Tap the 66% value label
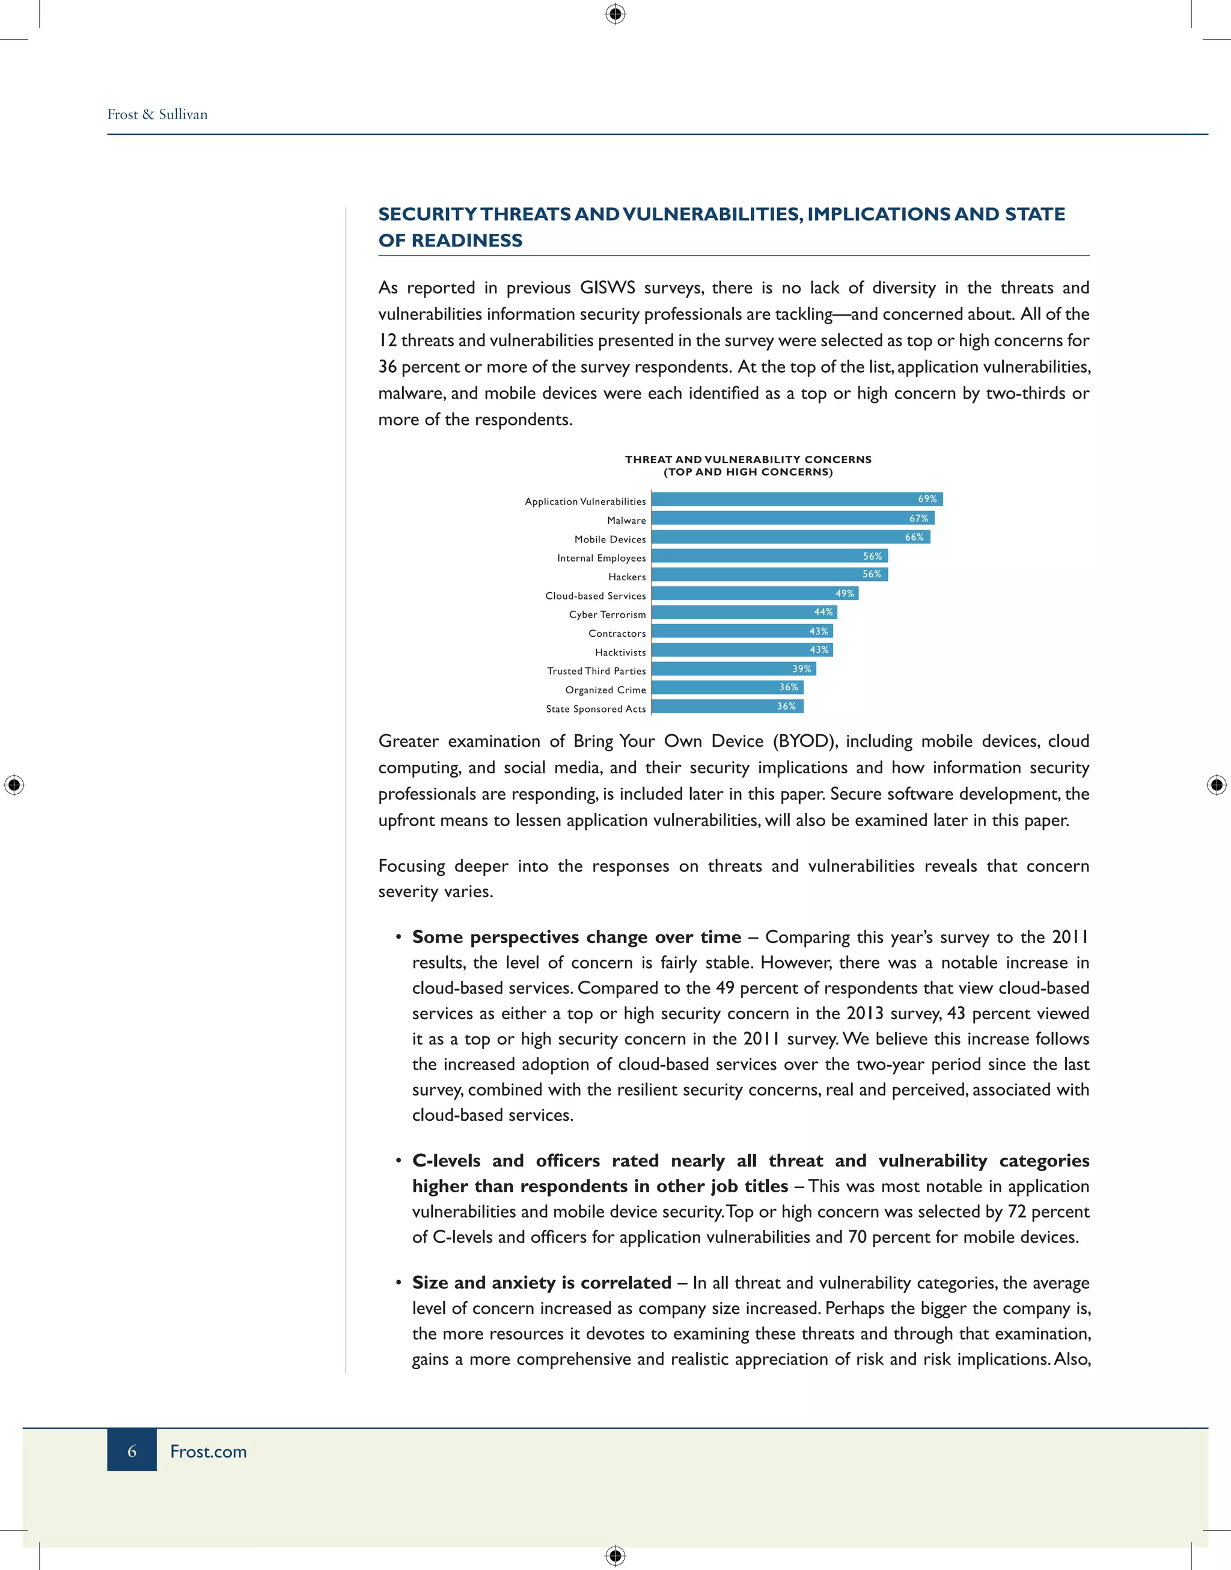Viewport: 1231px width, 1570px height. pyautogui.click(x=914, y=537)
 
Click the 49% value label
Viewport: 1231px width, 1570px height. pyautogui.click(x=845, y=593)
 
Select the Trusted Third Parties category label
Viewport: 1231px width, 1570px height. pyautogui.click(x=596, y=671)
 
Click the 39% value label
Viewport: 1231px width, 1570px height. pyautogui.click(x=801, y=669)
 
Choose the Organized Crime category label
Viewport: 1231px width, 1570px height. pyautogui.click(x=605, y=690)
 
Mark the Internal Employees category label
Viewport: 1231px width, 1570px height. pyautogui.click(x=601, y=558)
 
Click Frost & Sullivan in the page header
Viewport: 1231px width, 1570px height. pyautogui.click(x=157, y=115)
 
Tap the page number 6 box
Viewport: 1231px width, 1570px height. pyautogui.click(x=132, y=1450)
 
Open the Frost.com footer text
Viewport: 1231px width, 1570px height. pyautogui.click(x=209, y=1452)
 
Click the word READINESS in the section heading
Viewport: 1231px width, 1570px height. pyautogui.click(x=466, y=241)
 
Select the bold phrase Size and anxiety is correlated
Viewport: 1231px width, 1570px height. pyautogui.click(x=541, y=1283)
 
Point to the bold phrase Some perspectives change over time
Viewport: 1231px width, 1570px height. pyautogui.click(x=576, y=937)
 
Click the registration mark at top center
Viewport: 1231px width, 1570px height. pyautogui.click(x=615, y=14)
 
